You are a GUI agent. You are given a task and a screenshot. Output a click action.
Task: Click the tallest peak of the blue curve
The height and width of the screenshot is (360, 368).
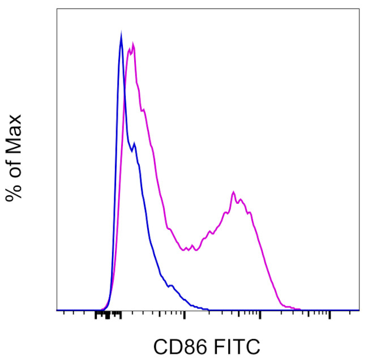point(121,35)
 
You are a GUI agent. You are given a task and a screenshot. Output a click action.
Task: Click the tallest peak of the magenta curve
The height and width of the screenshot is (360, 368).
point(132,44)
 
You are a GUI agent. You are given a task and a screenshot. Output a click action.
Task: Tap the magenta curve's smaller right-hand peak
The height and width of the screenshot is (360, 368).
point(233,193)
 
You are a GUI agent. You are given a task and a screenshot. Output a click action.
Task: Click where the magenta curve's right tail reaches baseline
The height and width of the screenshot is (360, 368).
point(300,309)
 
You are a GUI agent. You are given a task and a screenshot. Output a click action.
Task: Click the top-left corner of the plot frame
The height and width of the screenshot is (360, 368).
point(57,8)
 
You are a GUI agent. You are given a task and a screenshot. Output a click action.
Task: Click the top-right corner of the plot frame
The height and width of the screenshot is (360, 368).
point(360,8)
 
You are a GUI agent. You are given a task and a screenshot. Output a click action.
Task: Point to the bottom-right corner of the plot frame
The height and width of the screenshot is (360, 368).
point(360,310)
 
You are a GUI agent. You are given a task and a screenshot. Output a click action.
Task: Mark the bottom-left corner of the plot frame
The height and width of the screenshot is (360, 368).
point(57,310)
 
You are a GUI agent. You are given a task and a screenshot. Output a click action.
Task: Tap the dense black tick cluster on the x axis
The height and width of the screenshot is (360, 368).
point(108,315)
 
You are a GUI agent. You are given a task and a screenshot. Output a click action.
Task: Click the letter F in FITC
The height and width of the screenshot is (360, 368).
point(216,345)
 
